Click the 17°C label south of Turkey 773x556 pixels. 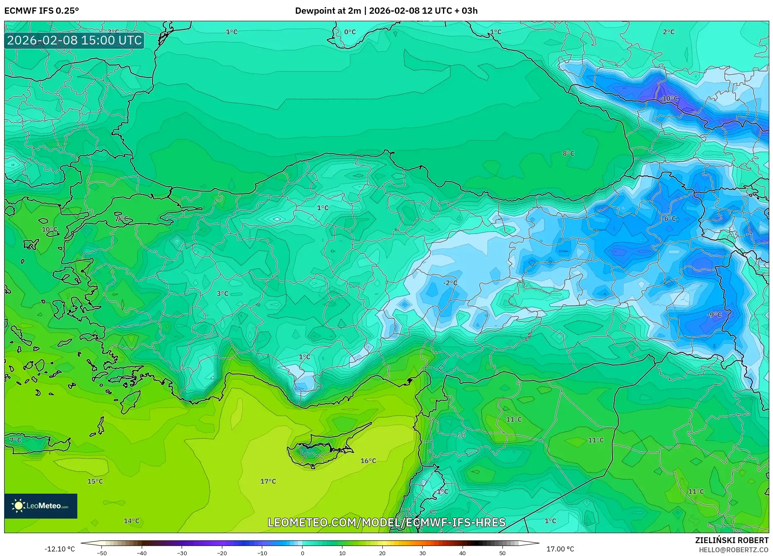[x=268, y=481]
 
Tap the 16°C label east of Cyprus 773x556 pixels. [x=368, y=460]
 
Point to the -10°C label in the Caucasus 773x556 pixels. [x=669, y=98]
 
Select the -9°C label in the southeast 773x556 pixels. [x=714, y=315]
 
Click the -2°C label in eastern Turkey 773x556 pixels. [x=450, y=283]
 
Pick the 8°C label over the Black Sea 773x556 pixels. [x=568, y=153]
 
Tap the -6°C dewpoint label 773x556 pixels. [x=669, y=219]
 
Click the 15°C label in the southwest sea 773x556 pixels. [x=95, y=481]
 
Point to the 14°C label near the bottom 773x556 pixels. [x=131, y=521]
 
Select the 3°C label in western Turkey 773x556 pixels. [x=222, y=293]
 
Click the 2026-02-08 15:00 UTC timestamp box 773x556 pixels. [x=74, y=40]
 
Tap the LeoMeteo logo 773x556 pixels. [x=41, y=506]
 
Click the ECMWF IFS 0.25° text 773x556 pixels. [x=42, y=11]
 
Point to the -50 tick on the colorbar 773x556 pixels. [x=102, y=553]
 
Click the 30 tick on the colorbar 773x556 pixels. [x=422, y=553]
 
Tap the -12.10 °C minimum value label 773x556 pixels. [x=60, y=549]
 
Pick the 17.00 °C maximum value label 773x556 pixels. [x=560, y=549]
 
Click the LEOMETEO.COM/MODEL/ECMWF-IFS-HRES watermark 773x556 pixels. [x=386, y=522]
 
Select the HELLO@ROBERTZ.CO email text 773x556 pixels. [x=733, y=550]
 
